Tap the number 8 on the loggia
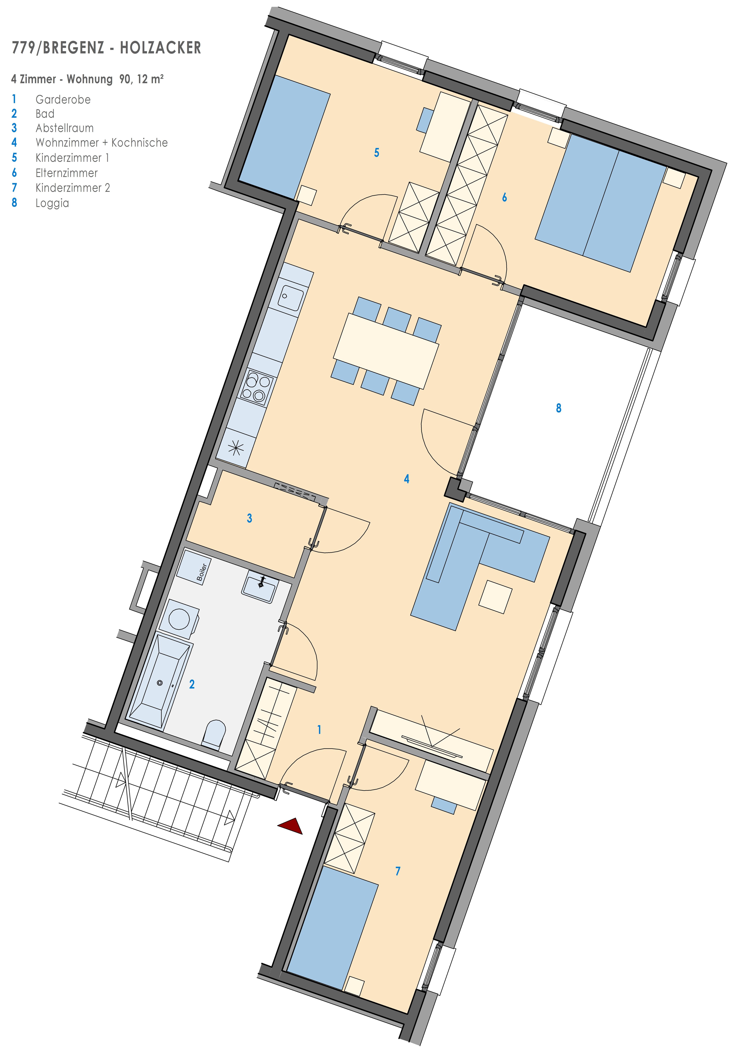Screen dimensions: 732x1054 coord(559,408)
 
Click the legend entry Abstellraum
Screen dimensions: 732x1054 coord(65,128)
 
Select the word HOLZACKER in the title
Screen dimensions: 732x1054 coord(161,48)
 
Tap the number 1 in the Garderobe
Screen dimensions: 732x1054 coord(319,730)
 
